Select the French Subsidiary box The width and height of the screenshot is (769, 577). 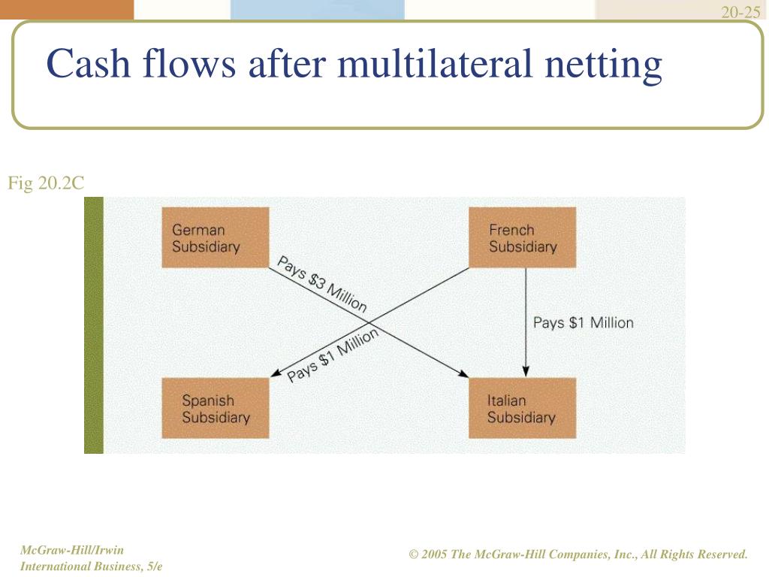[522, 237]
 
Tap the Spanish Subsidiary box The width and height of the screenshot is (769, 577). [216, 408]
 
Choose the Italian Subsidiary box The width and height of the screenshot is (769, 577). [522, 408]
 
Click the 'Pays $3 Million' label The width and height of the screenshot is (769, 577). [322, 285]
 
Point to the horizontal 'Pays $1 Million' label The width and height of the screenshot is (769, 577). [583, 323]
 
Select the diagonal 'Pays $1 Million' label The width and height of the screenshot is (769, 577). [333, 355]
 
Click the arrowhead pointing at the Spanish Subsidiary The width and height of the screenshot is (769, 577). [275, 374]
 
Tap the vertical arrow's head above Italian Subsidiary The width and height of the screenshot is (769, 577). [526, 370]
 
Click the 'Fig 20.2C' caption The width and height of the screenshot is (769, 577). [45, 183]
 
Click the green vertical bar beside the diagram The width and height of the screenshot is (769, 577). [94, 325]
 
